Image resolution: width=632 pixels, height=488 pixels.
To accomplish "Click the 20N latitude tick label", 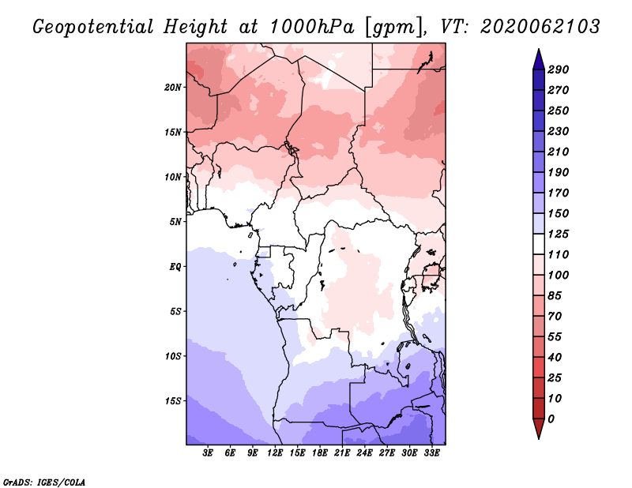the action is tap(173, 88).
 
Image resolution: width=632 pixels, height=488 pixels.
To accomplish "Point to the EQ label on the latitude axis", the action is tap(175, 267).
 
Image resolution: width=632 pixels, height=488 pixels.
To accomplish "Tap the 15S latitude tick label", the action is tap(173, 401).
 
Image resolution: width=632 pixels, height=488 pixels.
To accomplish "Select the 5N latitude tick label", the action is tap(175, 222).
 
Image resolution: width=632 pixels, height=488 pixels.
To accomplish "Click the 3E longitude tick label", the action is tap(208, 453).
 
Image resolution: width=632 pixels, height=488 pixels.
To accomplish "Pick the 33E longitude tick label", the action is tap(431, 453).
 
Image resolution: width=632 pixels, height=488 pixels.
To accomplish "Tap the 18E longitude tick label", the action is tap(320, 453).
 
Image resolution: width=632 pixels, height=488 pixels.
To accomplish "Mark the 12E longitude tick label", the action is tap(275, 453).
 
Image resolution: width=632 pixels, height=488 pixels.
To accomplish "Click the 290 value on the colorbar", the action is tap(559, 69).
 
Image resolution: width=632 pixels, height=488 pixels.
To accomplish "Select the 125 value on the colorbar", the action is tap(559, 234).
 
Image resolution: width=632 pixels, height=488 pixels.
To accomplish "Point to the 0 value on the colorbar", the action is tap(551, 419).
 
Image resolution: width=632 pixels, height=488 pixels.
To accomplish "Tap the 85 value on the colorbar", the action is tap(555, 296).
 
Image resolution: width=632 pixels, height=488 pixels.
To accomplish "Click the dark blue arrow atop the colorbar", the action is tap(539, 60).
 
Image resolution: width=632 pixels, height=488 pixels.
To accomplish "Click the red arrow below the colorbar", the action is tap(539, 428).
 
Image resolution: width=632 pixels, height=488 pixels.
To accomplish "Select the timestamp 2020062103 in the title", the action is tap(540, 27).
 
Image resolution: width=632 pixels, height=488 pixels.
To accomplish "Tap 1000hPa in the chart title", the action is tap(311, 27).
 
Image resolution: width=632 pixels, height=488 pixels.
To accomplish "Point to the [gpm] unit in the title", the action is tap(396, 28).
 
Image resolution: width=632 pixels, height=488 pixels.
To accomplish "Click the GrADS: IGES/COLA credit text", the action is tap(44, 482).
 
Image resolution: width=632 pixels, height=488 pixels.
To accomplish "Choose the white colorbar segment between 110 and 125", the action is tap(539, 244).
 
